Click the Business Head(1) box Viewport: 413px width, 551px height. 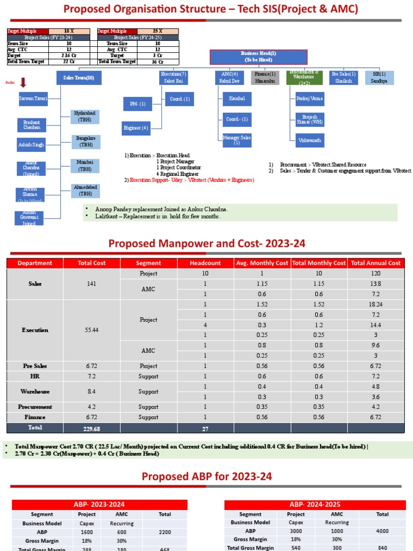(258, 57)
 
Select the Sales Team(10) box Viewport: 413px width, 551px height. (79, 79)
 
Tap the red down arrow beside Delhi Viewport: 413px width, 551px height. (24, 82)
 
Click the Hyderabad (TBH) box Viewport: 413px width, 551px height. (85, 117)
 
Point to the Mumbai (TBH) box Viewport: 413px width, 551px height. (85, 166)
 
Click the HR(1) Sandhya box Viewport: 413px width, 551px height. (379, 77)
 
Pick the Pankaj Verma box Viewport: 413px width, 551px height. (310, 99)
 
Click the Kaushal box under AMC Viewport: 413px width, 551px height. (237, 98)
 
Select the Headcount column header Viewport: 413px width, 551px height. (205, 263)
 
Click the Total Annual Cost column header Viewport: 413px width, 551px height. (375, 263)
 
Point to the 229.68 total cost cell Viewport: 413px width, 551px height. (92, 428)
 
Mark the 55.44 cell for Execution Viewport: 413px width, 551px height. (92, 330)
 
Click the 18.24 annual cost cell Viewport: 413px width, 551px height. (375, 305)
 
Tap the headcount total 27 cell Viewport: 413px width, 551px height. (205, 428)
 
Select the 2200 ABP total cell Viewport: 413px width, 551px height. (165, 532)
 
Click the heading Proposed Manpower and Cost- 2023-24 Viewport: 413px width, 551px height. (206, 243)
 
